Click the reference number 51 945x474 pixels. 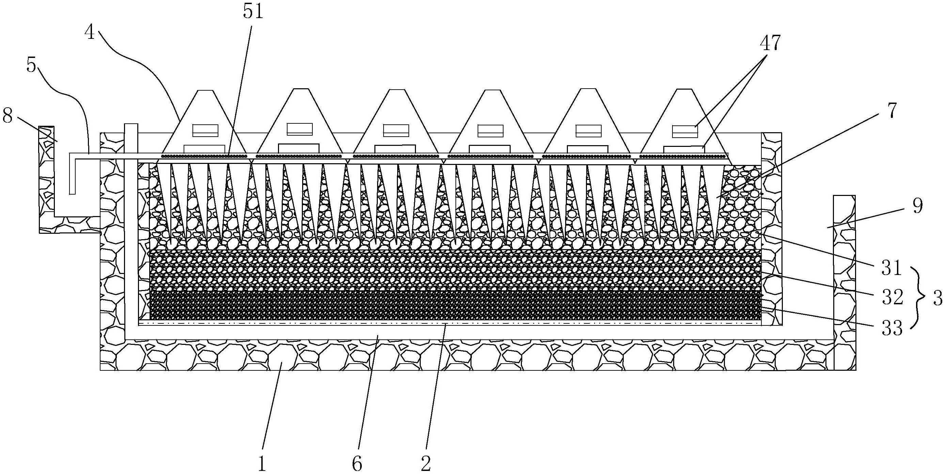click(253, 12)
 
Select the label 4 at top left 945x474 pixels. click(90, 33)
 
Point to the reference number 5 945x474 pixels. click(32, 66)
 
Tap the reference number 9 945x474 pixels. click(916, 207)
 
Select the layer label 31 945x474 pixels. click(892, 269)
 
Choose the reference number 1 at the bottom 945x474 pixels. click(261, 464)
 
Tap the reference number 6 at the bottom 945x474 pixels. click(357, 464)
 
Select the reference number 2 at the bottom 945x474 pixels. click(425, 464)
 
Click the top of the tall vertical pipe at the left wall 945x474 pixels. click(131, 125)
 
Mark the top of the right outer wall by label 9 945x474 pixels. click(844, 196)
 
